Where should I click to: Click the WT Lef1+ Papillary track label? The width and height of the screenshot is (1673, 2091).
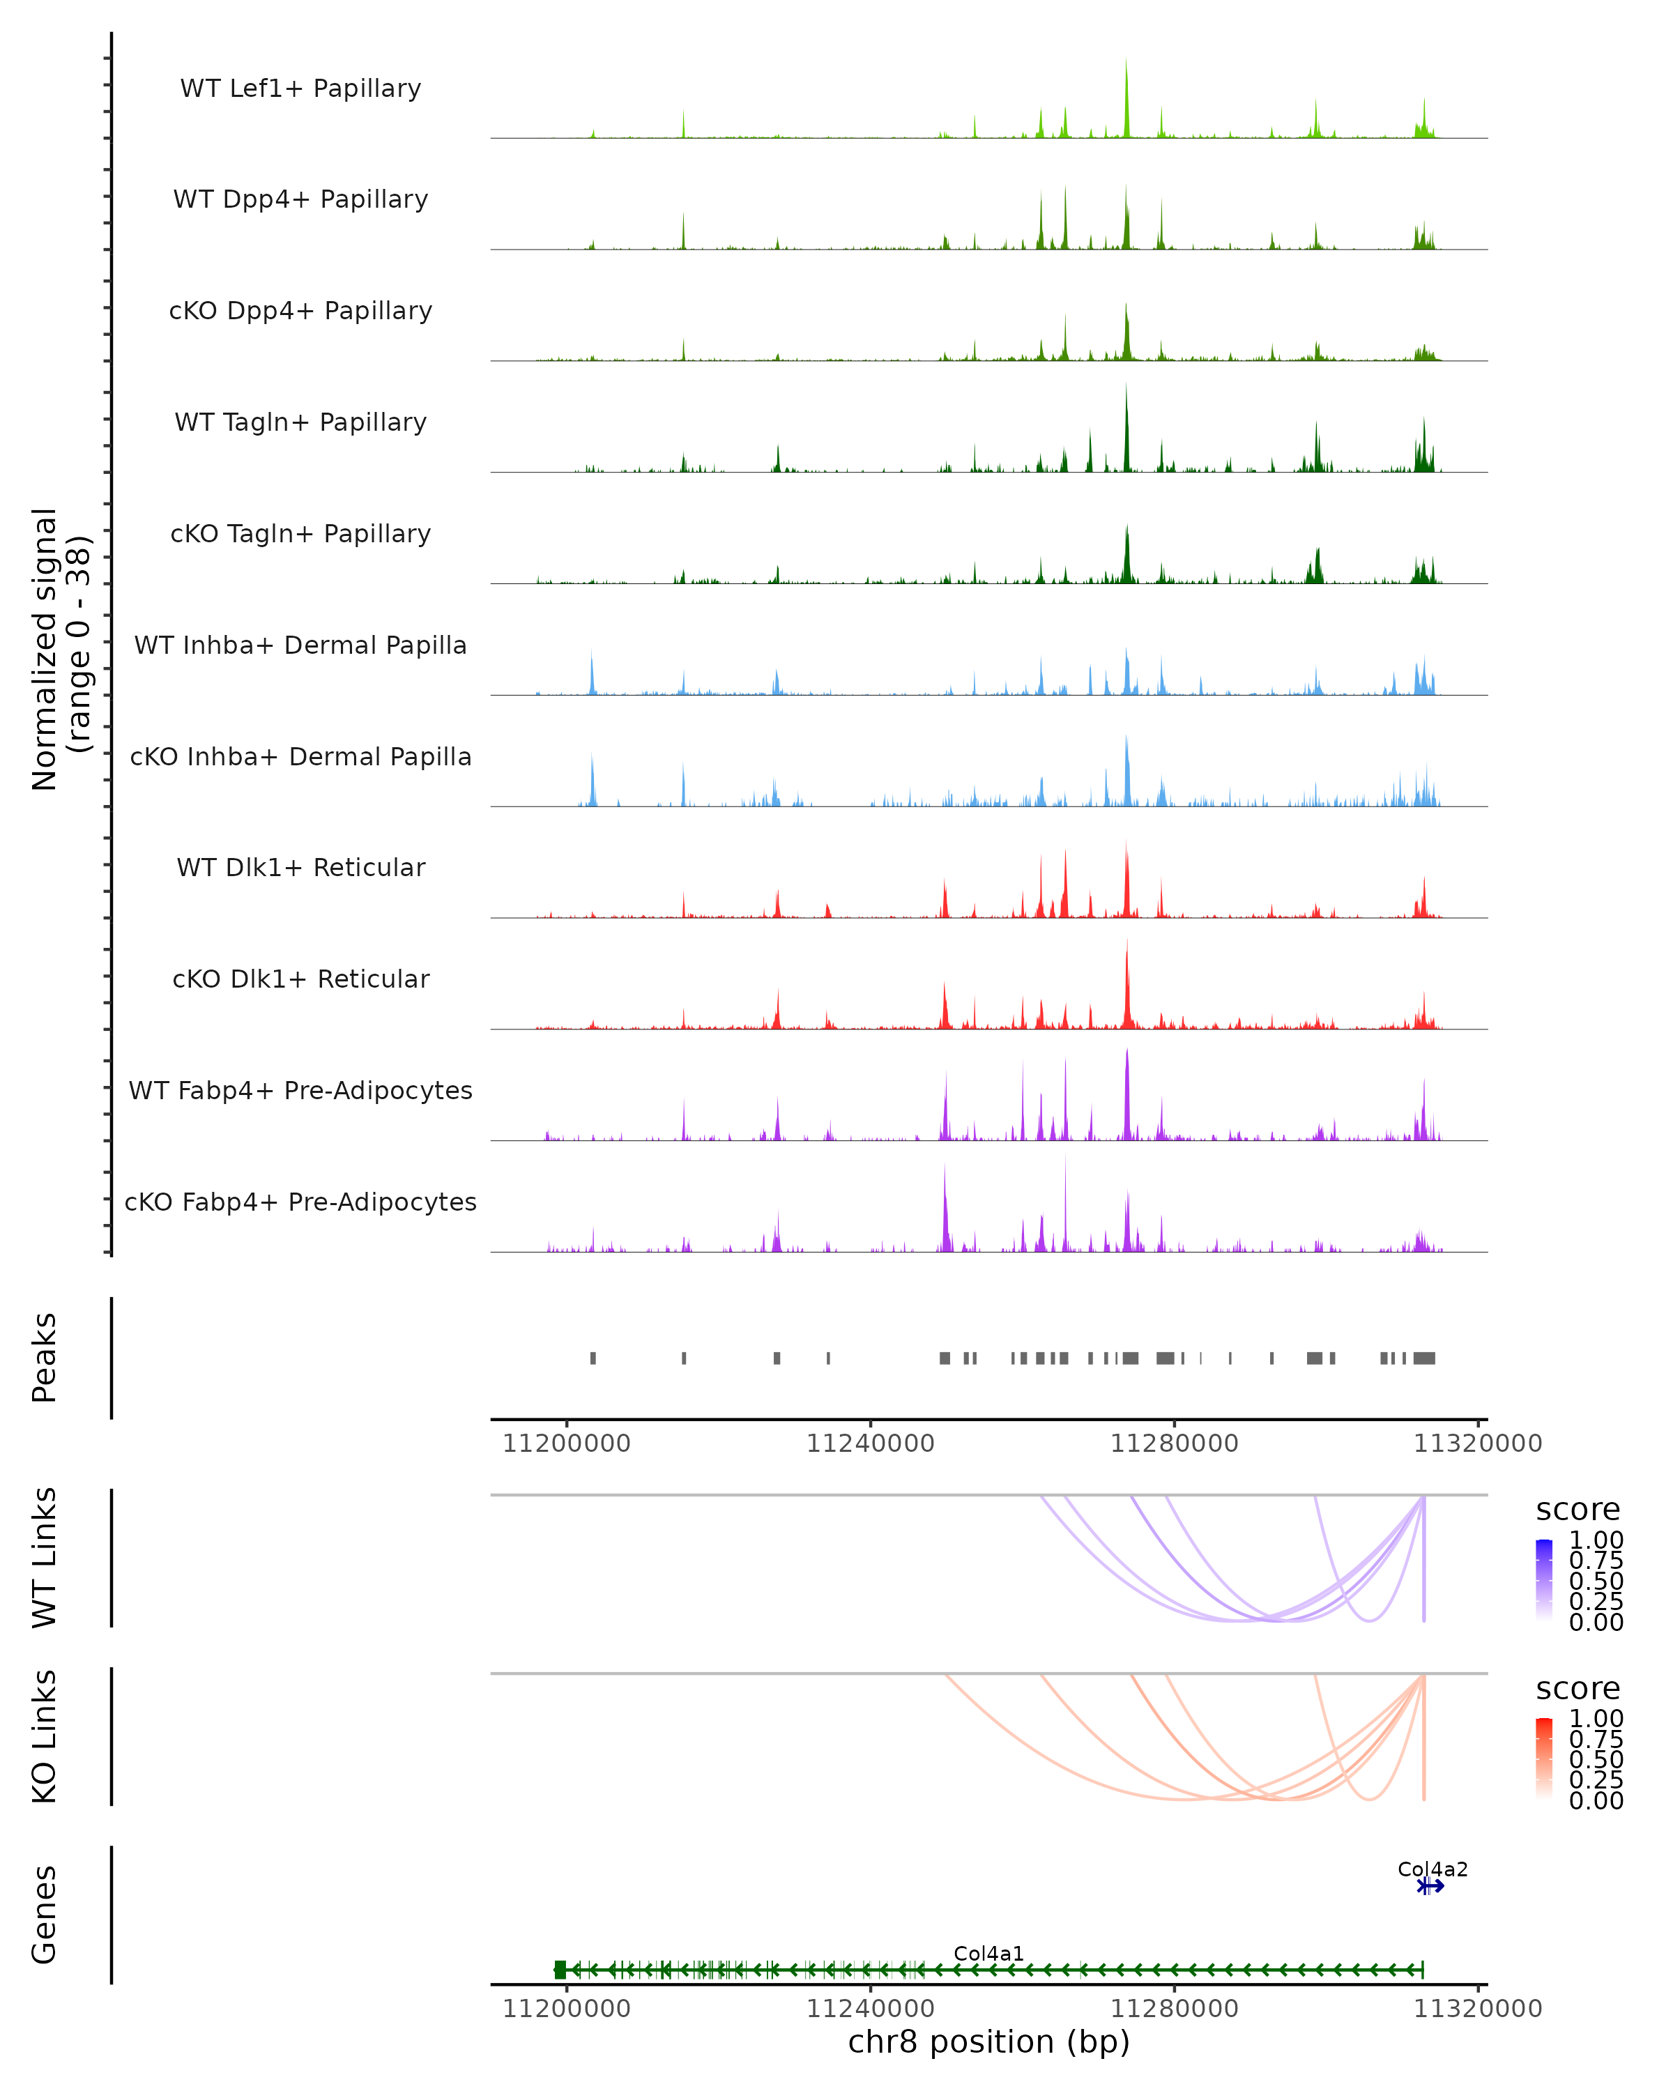pyautogui.click(x=300, y=89)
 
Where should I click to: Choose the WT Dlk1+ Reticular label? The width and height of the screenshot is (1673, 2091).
pyautogui.click(x=300, y=867)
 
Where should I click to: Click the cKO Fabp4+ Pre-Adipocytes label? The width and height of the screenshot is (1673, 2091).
pyautogui.click(x=300, y=1202)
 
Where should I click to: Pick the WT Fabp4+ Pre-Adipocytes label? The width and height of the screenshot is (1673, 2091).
pyautogui.click(x=300, y=1090)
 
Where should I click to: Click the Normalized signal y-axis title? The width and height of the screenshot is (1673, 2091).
pyautogui.click(x=60, y=649)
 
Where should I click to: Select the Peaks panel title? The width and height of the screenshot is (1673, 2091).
pyautogui.click(x=45, y=1358)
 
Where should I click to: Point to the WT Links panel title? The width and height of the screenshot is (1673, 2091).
pyautogui.click(x=45, y=1558)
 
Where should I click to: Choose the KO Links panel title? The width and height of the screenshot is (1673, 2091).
pyautogui.click(x=45, y=1737)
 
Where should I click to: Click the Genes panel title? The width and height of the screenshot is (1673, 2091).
pyautogui.click(x=45, y=1915)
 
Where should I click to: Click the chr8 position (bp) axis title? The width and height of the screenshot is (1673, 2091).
pyautogui.click(x=988, y=2042)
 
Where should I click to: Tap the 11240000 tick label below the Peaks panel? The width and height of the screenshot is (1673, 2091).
pyautogui.click(x=870, y=1443)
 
